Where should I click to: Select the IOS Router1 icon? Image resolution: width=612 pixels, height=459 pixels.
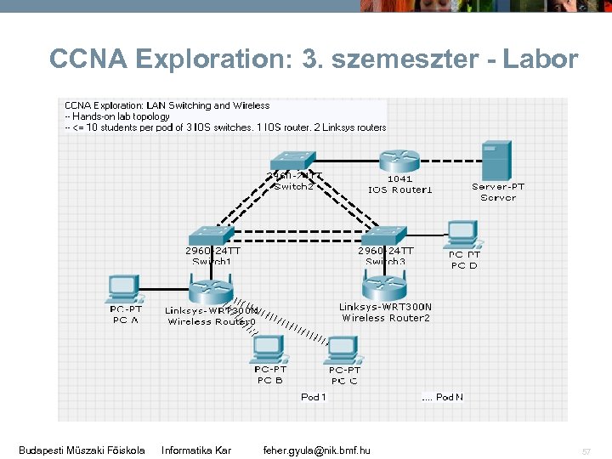point(399,161)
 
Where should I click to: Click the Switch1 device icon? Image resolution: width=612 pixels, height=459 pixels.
point(211,235)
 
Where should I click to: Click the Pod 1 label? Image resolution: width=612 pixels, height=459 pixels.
point(313,397)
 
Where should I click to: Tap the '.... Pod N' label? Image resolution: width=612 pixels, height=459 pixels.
point(442,397)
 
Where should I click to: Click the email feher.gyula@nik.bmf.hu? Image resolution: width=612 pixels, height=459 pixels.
point(316,450)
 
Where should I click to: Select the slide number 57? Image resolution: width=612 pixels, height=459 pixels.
point(586,450)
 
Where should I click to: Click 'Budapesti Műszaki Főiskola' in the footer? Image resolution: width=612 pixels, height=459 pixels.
point(82,450)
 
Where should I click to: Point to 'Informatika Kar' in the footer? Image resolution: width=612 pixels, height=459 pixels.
point(195,450)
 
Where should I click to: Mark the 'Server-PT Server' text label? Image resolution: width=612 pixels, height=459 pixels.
point(497,192)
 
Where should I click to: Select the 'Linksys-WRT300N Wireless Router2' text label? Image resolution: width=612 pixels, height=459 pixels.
point(385,312)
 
